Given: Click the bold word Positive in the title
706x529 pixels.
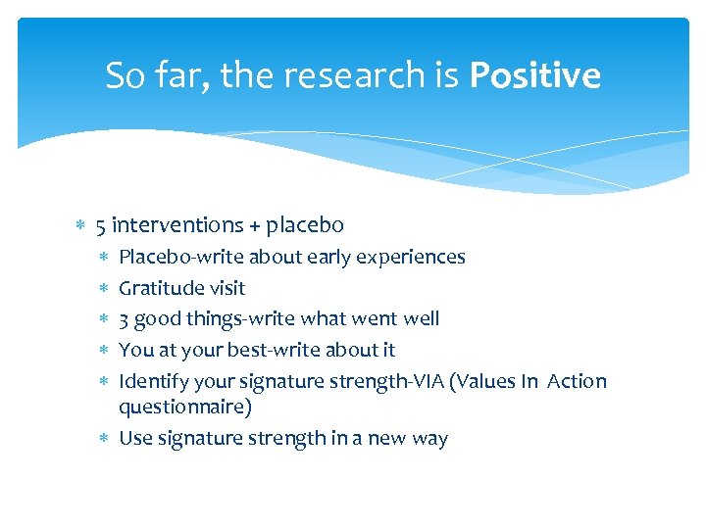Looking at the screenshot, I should (534, 75).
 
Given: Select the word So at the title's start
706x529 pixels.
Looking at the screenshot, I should (126, 75).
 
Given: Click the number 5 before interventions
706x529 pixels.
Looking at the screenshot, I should (101, 225).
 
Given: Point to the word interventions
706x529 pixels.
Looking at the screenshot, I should (177, 225).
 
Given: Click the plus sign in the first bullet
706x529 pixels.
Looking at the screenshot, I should (255, 226).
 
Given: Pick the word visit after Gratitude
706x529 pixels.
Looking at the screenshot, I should (227, 288).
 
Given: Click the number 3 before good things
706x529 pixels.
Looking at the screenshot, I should (124, 319).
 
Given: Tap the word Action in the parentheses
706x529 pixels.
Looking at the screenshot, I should (578, 381).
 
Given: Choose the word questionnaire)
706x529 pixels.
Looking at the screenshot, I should (185, 406).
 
